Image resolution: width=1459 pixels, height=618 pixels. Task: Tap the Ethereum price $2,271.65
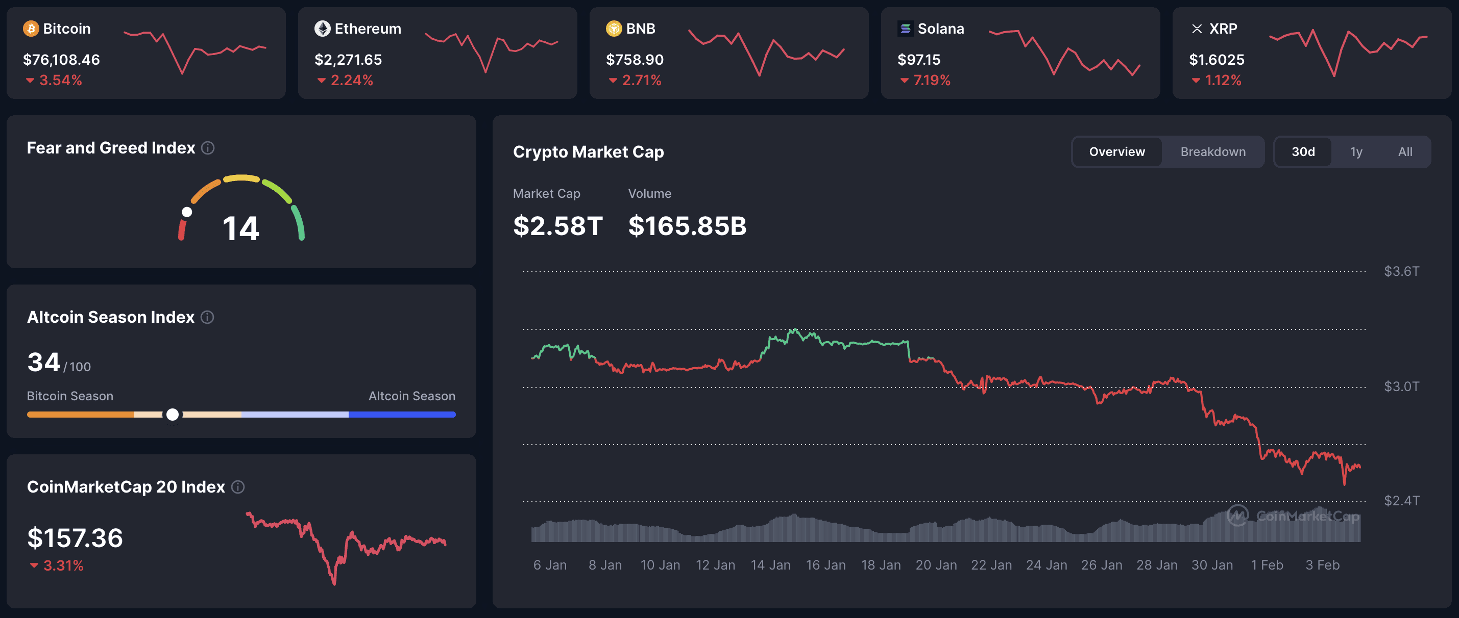pyautogui.click(x=348, y=60)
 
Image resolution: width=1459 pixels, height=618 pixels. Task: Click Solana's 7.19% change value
pyautogui.click(x=931, y=81)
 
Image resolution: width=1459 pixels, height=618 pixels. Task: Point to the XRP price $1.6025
pyautogui.click(x=1216, y=60)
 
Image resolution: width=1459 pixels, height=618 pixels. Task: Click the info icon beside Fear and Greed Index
pyautogui.click(x=208, y=148)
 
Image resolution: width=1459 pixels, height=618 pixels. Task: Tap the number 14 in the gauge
pyautogui.click(x=241, y=228)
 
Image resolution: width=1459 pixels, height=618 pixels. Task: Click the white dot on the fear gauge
pyautogui.click(x=187, y=212)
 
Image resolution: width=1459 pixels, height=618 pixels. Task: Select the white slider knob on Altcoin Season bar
pyautogui.click(x=173, y=414)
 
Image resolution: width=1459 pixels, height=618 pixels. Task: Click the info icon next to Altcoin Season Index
pyautogui.click(x=207, y=317)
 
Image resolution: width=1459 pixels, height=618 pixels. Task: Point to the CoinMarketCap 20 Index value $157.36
pyautogui.click(x=75, y=537)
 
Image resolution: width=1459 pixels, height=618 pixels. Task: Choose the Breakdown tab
pyautogui.click(x=1212, y=151)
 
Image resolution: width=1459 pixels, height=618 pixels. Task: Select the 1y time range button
pyautogui.click(x=1356, y=151)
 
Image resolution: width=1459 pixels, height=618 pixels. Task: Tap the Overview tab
pyautogui.click(x=1116, y=151)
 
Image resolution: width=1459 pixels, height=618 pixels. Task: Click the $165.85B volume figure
pyautogui.click(x=687, y=226)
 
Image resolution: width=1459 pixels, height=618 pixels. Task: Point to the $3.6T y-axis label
pyautogui.click(x=1401, y=271)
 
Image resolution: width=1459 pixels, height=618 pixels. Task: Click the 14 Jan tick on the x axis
pyautogui.click(x=770, y=565)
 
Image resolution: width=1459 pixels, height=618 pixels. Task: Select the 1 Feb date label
pyautogui.click(x=1267, y=565)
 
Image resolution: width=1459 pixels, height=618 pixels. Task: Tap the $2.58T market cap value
pyautogui.click(x=557, y=226)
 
